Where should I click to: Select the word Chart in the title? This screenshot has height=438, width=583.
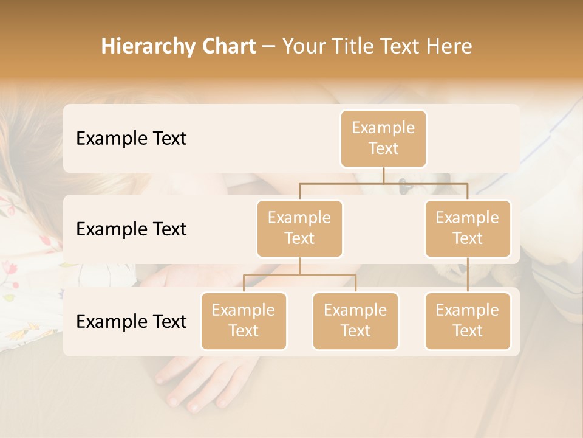(228, 47)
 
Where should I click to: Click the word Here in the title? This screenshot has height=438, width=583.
(449, 47)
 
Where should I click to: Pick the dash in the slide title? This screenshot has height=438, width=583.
(269, 47)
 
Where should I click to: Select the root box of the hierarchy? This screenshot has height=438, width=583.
(383, 139)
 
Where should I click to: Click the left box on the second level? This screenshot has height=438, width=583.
(299, 229)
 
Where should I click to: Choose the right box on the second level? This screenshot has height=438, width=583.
(468, 229)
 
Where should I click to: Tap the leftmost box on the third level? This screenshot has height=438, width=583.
(244, 321)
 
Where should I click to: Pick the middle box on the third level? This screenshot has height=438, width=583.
(355, 321)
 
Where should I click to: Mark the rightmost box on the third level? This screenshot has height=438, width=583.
(468, 321)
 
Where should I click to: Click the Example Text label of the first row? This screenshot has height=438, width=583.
(131, 139)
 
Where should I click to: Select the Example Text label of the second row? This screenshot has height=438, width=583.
(131, 229)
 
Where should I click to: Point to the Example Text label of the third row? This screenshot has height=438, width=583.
(131, 322)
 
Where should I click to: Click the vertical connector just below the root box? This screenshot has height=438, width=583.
(383, 175)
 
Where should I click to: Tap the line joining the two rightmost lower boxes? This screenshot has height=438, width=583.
(468, 275)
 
